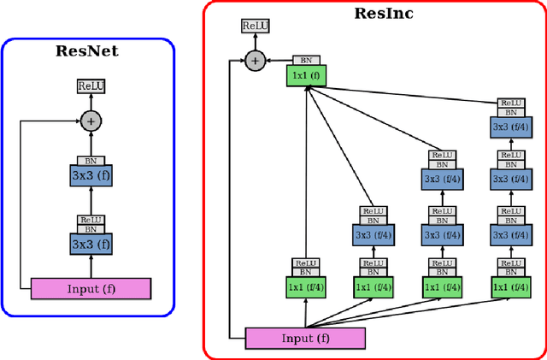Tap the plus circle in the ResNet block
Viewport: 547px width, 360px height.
91,121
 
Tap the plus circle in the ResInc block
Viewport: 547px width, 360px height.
254,60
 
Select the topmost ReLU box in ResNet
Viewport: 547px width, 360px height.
91,86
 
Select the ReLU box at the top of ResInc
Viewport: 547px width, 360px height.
254,27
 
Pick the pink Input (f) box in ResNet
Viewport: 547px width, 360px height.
91,288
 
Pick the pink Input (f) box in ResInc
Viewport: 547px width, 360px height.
305,338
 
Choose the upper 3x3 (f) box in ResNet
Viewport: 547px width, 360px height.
91,177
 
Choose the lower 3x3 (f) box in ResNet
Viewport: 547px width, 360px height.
91,243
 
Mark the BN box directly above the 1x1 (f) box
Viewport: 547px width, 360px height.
306,61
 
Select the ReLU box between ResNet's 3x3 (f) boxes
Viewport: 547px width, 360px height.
91,220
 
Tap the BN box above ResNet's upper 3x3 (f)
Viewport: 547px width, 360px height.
91,160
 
